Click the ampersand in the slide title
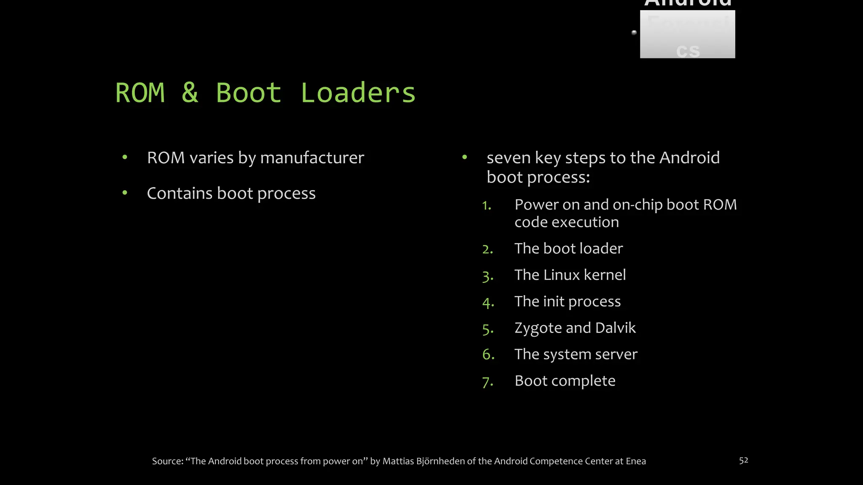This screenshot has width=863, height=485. (190, 93)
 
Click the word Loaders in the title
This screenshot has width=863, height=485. (358, 93)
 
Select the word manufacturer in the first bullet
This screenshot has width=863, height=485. (312, 158)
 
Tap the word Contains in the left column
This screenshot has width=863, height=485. (180, 193)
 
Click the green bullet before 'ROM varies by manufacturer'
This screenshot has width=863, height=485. (125, 157)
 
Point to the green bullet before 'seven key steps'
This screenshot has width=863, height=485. (464, 157)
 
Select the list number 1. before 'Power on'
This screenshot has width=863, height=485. (487, 205)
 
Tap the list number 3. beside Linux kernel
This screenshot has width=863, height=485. (488, 276)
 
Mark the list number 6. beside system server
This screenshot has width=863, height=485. (488, 354)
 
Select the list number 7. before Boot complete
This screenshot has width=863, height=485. (488, 382)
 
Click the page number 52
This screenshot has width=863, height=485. (743, 461)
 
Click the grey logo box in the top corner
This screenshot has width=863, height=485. (687, 34)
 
